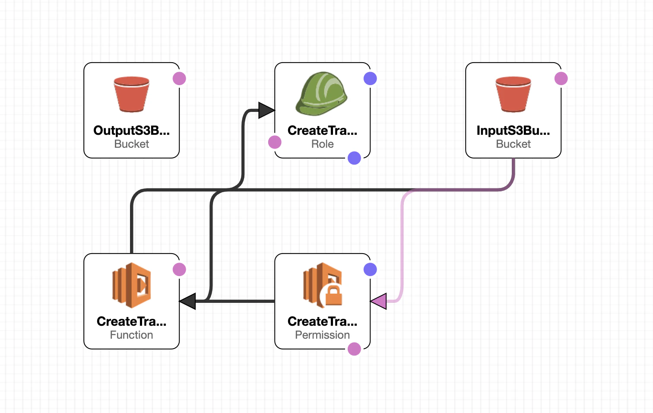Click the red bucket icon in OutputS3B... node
tap(131, 94)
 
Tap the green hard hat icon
tap(322, 94)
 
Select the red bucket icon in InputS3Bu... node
tap(514, 94)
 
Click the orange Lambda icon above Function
tap(131, 285)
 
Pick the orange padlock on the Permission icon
tap(333, 295)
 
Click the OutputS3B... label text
tap(131, 130)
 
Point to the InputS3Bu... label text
tap(514, 130)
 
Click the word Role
tap(323, 144)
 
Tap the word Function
tap(131, 335)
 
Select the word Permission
tap(323, 335)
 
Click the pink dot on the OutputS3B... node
tap(179, 79)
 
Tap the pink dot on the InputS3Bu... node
tap(561, 79)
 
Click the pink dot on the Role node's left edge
tap(275, 142)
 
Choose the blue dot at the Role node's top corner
tap(370, 79)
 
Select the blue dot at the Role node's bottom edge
tap(354, 158)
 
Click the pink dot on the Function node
tap(179, 270)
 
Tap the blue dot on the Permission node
tap(370, 270)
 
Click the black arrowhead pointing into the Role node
tap(266, 110)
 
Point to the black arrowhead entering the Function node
tap(187, 301)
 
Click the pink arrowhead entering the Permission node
tap(378, 301)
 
